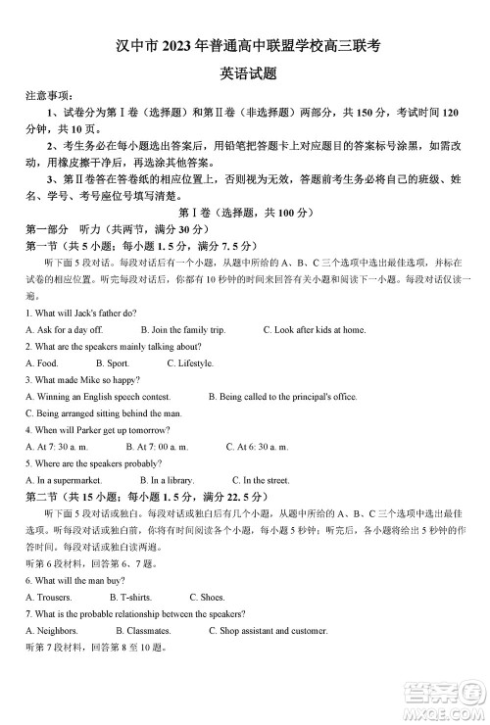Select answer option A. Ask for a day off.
tap(64, 330)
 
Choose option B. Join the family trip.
tap(182, 330)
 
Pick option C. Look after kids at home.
tap(314, 330)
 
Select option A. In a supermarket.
tap(64, 480)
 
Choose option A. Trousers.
tap(49, 597)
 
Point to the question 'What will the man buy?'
tap(72, 580)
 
